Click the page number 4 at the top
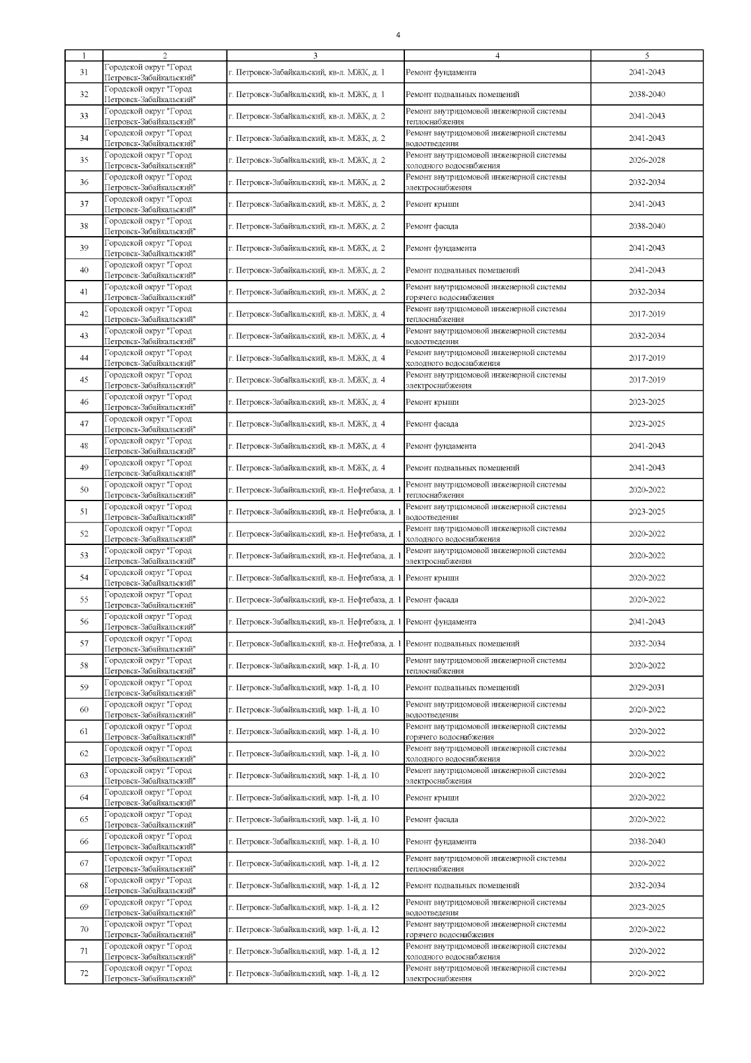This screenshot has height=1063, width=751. (398, 35)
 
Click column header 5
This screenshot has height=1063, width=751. (647, 56)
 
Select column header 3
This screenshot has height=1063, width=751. (315, 56)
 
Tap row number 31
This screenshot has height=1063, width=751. (84, 73)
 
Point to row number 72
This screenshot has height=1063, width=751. (84, 973)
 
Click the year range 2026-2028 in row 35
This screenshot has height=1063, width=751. (647, 160)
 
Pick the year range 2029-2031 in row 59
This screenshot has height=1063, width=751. (647, 688)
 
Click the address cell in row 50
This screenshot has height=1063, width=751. (315, 490)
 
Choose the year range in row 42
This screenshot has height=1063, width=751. (647, 314)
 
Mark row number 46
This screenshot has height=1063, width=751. (84, 402)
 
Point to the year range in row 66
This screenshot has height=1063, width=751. (647, 841)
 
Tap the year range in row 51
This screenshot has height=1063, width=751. (647, 512)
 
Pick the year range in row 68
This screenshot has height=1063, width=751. (647, 886)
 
